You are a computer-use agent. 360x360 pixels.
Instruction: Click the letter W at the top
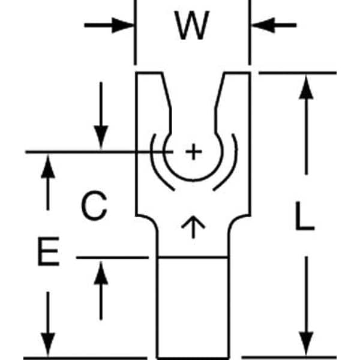click(x=192, y=26)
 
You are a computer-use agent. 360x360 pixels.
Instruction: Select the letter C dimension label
click(x=94, y=207)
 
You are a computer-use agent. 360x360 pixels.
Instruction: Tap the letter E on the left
click(x=48, y=253)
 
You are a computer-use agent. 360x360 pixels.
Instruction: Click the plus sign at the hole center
click(x=193, y=152)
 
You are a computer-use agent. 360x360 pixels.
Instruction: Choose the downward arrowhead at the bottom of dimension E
click(x=47, y=345)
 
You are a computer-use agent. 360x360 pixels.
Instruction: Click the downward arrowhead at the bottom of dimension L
click(x=307, y=345)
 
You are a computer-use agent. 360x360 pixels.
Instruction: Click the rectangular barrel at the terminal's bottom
click(x=193, y=306)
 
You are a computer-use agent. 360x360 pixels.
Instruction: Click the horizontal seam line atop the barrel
click(x=193, y=257)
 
